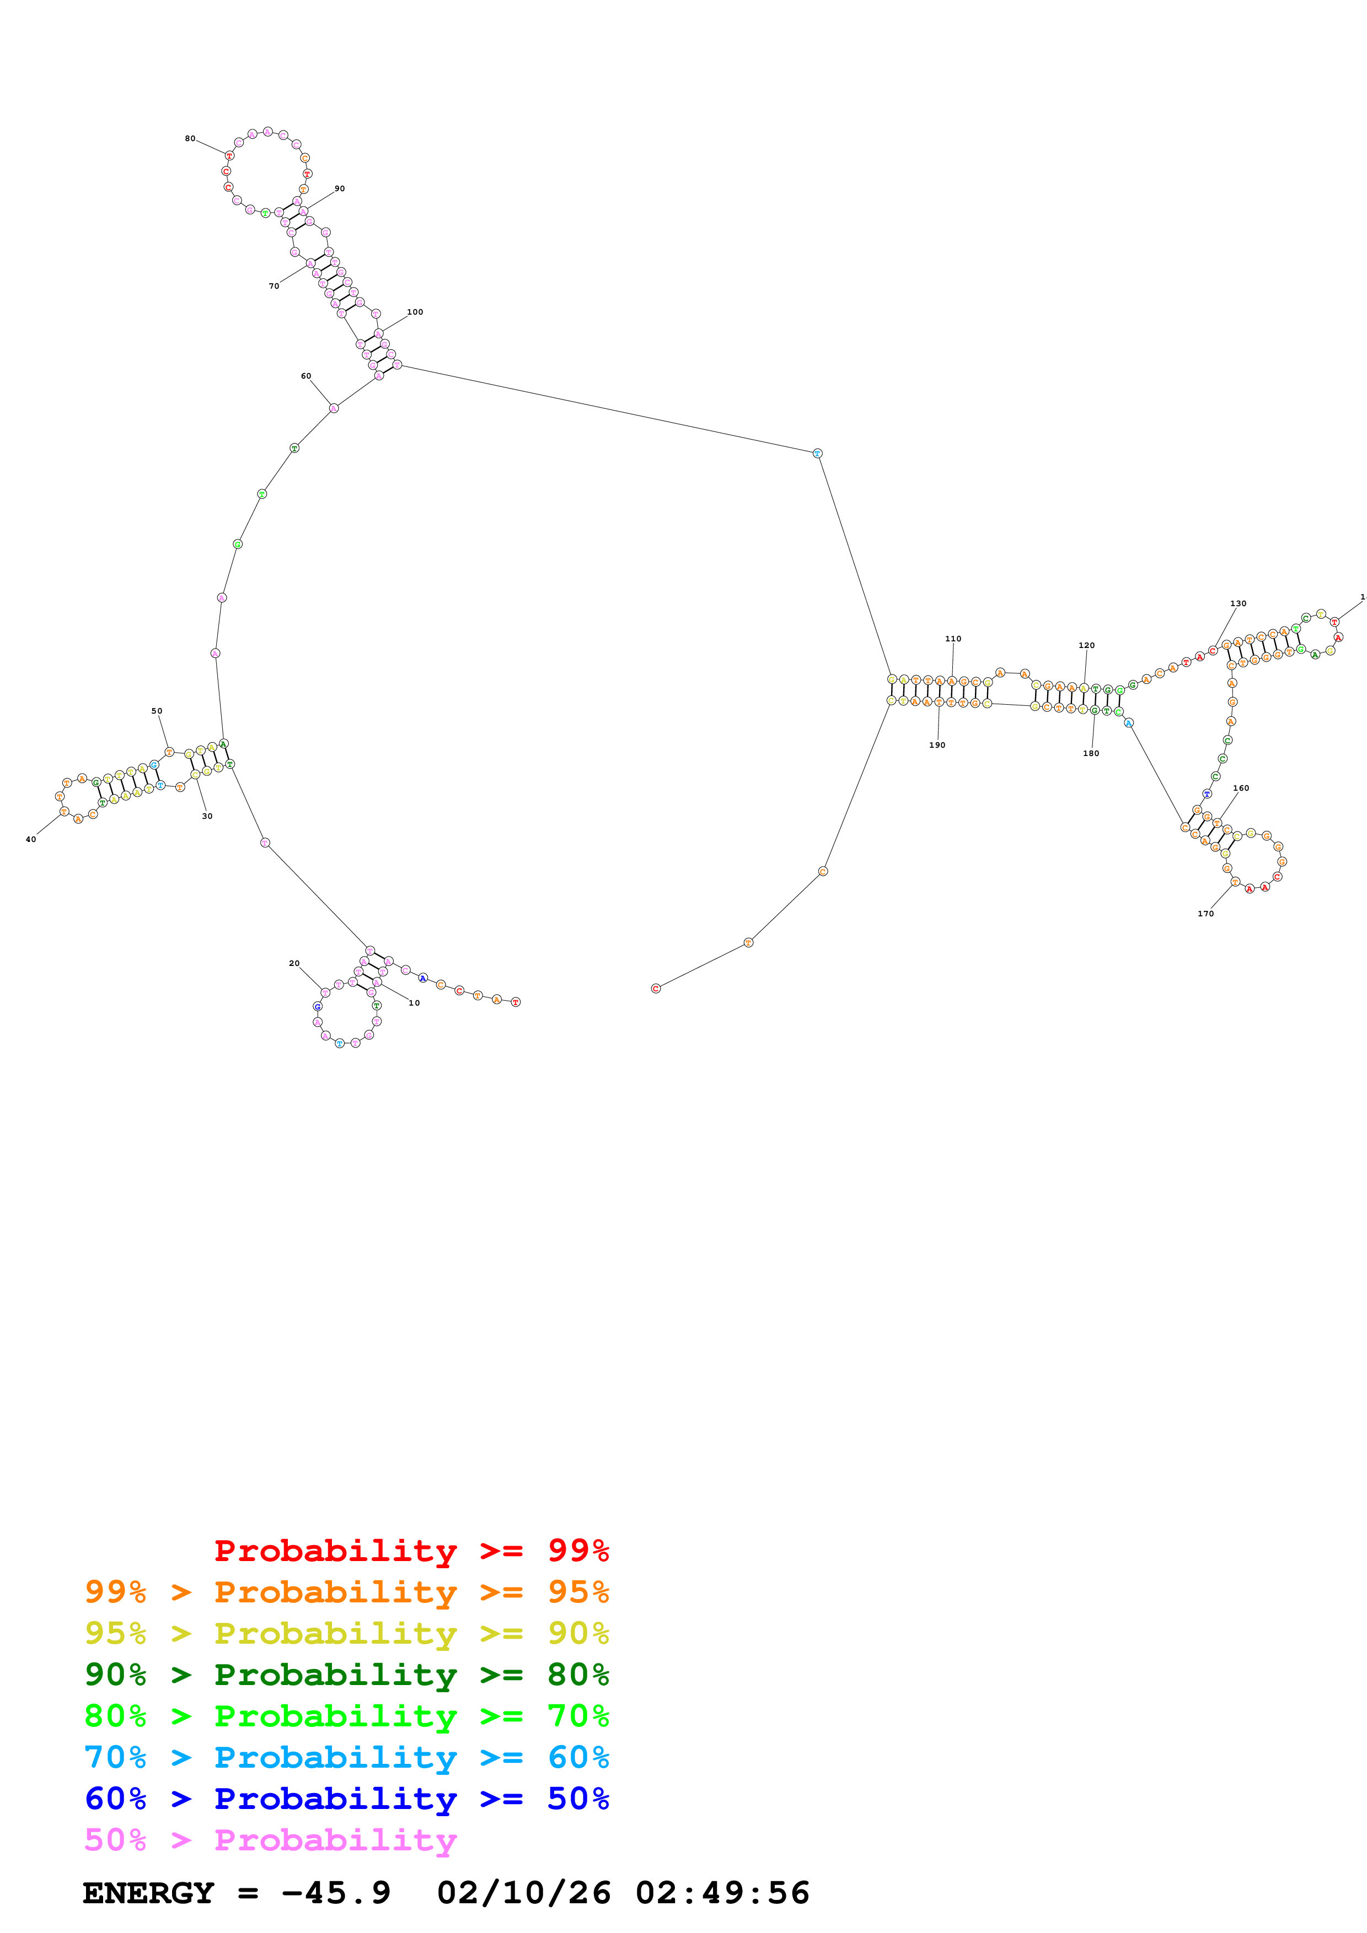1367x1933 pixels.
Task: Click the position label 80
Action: pos(190,139)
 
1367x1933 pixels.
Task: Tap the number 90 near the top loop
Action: pos(340,188)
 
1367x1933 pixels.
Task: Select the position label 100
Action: pos(415,312)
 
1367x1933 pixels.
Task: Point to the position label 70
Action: pos(274,286)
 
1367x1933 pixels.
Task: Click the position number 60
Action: pos(305,376)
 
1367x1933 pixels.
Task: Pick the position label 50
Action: pos(157,711)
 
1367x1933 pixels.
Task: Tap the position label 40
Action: pos(31,839)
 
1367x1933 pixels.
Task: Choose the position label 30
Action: pos(207,816)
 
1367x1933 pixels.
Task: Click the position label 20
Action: pos(294,963)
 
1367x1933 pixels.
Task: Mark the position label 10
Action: pos(414,1003)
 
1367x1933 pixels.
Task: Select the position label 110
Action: pos(953,639)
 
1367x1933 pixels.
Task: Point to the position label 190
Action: pos(937,745)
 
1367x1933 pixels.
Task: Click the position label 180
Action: pos(1091,753)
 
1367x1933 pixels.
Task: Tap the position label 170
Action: pos(1206,914)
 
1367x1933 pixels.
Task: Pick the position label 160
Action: pos(1241,788)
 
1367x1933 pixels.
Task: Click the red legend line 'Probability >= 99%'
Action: pos(411,1550)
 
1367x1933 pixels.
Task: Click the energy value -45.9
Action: pos(337,1893)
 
